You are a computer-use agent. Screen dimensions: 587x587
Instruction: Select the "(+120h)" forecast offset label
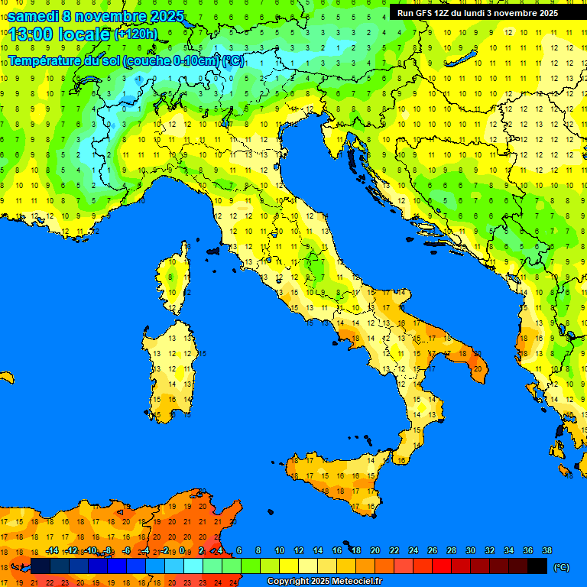pos(136,34)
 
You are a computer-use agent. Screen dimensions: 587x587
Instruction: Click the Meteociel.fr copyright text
pos(324,581)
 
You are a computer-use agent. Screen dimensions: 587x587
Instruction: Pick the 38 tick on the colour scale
pos(546,550)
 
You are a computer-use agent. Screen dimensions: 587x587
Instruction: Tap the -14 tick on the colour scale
pos(52,550)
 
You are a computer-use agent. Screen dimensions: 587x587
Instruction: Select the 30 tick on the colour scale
pos(470,550)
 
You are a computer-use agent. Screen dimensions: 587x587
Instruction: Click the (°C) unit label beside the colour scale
pos(562,567)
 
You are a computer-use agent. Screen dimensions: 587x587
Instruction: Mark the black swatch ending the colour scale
pos(537,566)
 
